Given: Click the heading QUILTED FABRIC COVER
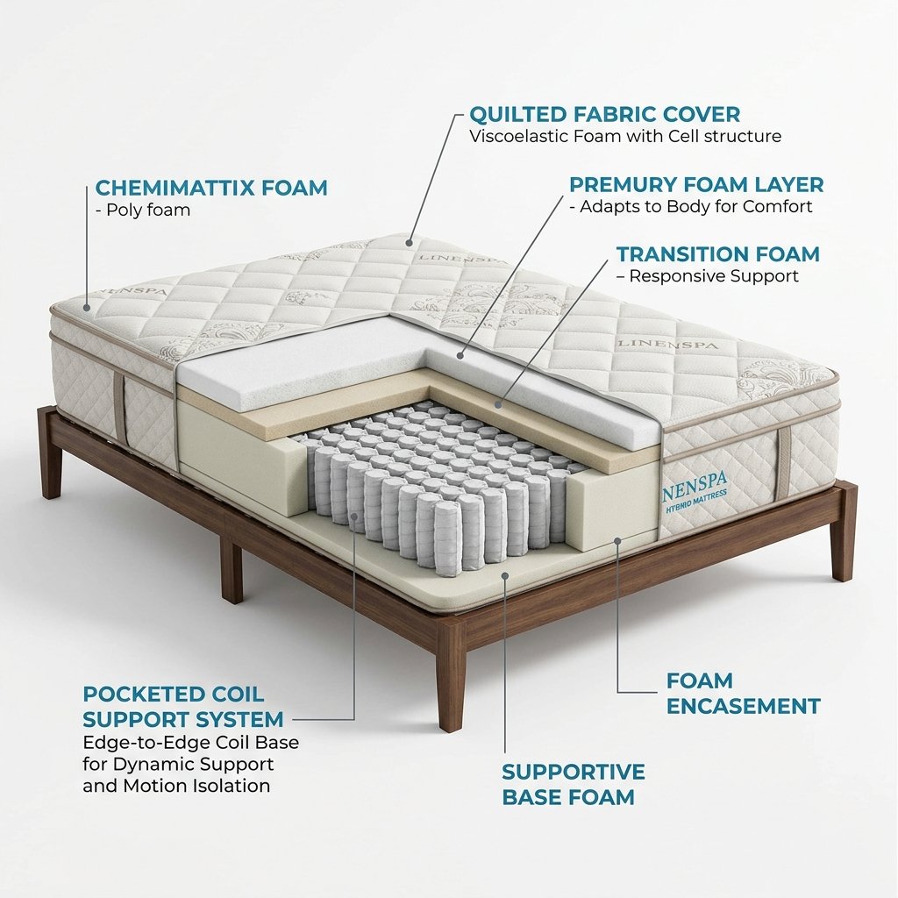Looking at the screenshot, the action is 605,115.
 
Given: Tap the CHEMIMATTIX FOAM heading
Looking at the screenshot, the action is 211,188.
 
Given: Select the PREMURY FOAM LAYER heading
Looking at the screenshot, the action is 696,184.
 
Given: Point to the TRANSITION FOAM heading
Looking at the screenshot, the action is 718,253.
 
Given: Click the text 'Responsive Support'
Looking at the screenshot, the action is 714,276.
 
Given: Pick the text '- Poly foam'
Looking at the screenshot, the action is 143,210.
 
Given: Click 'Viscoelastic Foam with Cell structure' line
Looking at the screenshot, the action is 625,136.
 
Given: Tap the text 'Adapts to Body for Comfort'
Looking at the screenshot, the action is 695,206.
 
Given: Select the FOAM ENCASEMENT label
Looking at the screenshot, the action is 744,693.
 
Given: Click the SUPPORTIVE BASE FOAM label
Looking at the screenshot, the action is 574,784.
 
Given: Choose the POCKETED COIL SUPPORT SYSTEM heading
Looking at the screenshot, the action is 183,706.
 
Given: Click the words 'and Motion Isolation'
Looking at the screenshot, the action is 176,785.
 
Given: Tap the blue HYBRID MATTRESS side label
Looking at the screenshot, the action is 695,497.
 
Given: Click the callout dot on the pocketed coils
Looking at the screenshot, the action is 354,516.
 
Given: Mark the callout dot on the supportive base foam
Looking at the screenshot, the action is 504,575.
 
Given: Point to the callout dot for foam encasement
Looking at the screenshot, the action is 617,540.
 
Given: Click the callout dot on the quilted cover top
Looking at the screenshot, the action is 409,243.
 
